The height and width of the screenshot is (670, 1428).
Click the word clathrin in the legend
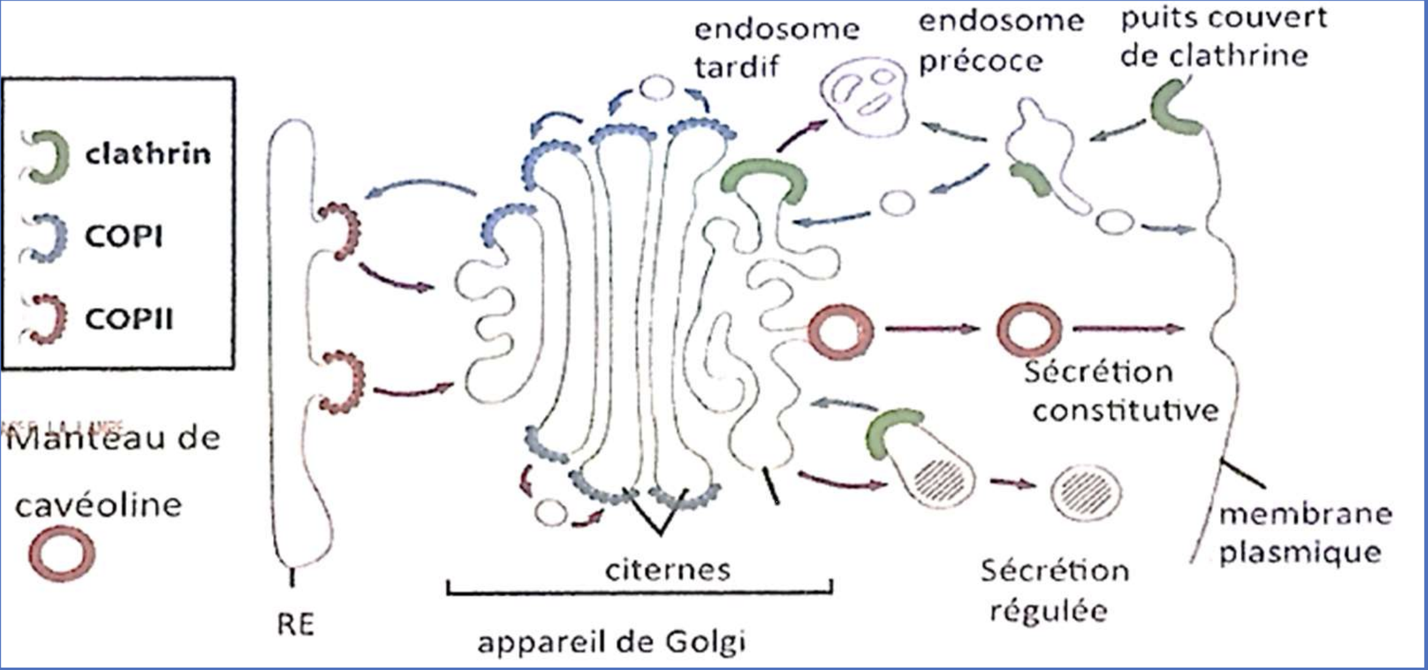point(148,154)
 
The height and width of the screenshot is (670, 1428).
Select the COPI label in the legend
point(123,237)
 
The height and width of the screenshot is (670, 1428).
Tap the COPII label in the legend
point(129,319)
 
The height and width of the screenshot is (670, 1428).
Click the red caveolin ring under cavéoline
point(62,553)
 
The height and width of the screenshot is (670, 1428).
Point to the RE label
point(295,624)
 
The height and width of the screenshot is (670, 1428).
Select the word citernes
point(667,570)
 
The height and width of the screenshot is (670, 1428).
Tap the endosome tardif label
point(776,47)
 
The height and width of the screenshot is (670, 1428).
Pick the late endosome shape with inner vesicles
point(864,95)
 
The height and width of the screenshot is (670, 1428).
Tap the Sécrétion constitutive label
point(1120,391)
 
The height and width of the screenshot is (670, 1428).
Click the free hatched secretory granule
point(1086,493)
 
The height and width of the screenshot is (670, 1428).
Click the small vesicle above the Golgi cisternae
point(657,88)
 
